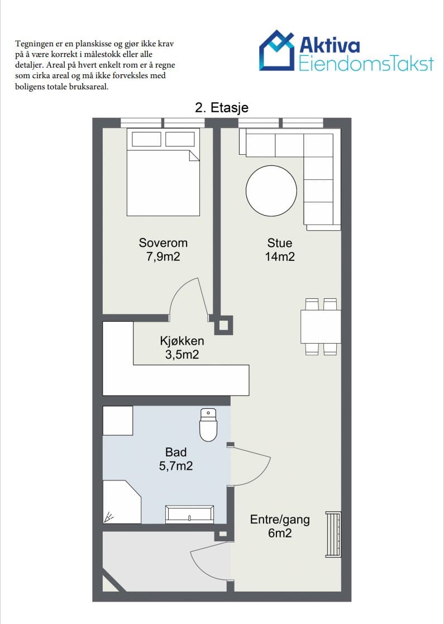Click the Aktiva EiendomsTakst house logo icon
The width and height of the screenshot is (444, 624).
pos(278,50)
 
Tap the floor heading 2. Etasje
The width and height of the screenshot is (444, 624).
pos(222,108)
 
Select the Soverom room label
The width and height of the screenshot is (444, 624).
pos(163,243)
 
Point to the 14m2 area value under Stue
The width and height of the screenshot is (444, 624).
pos(280,256)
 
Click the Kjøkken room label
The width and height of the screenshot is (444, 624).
pos(182,341)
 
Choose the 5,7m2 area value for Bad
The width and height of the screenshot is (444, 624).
pos(176,465)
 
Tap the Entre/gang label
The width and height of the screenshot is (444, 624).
pos(280,520)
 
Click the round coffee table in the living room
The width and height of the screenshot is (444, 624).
pos(271,190)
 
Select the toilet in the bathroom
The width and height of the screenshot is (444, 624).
pos(208,425)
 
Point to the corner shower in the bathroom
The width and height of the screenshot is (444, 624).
pos(121,502)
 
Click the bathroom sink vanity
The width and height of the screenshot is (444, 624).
pos(190,514)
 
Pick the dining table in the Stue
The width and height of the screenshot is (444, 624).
pos(321,326)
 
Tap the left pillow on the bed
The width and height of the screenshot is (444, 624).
pos(146,139)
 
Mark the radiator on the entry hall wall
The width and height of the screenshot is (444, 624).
pos(333,534)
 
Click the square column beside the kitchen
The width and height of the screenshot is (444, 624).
pos(223,325)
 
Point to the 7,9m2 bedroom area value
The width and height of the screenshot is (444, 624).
pos(163,256)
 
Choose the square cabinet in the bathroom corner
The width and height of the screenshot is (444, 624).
pos(118,421)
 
